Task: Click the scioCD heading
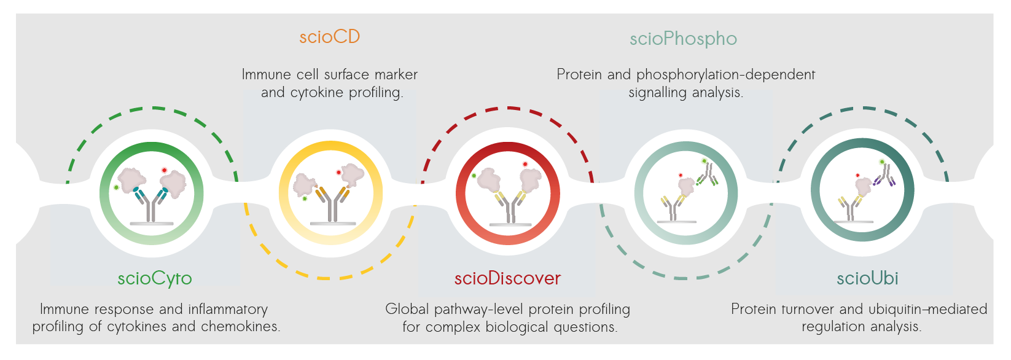tap(329, 37)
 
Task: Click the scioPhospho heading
tap(683, 39)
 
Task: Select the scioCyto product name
tap(155, 278)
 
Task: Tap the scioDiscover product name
tap(507, 278)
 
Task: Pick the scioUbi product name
tap(867, 278)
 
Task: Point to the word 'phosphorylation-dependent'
tap(725, 75)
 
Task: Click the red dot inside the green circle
tap(164, 170)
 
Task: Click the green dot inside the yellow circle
tap(305, 198)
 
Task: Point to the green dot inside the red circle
tap(474, 176)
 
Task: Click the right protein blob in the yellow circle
tap(353, 174)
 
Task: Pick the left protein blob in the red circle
tap(490, 179)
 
